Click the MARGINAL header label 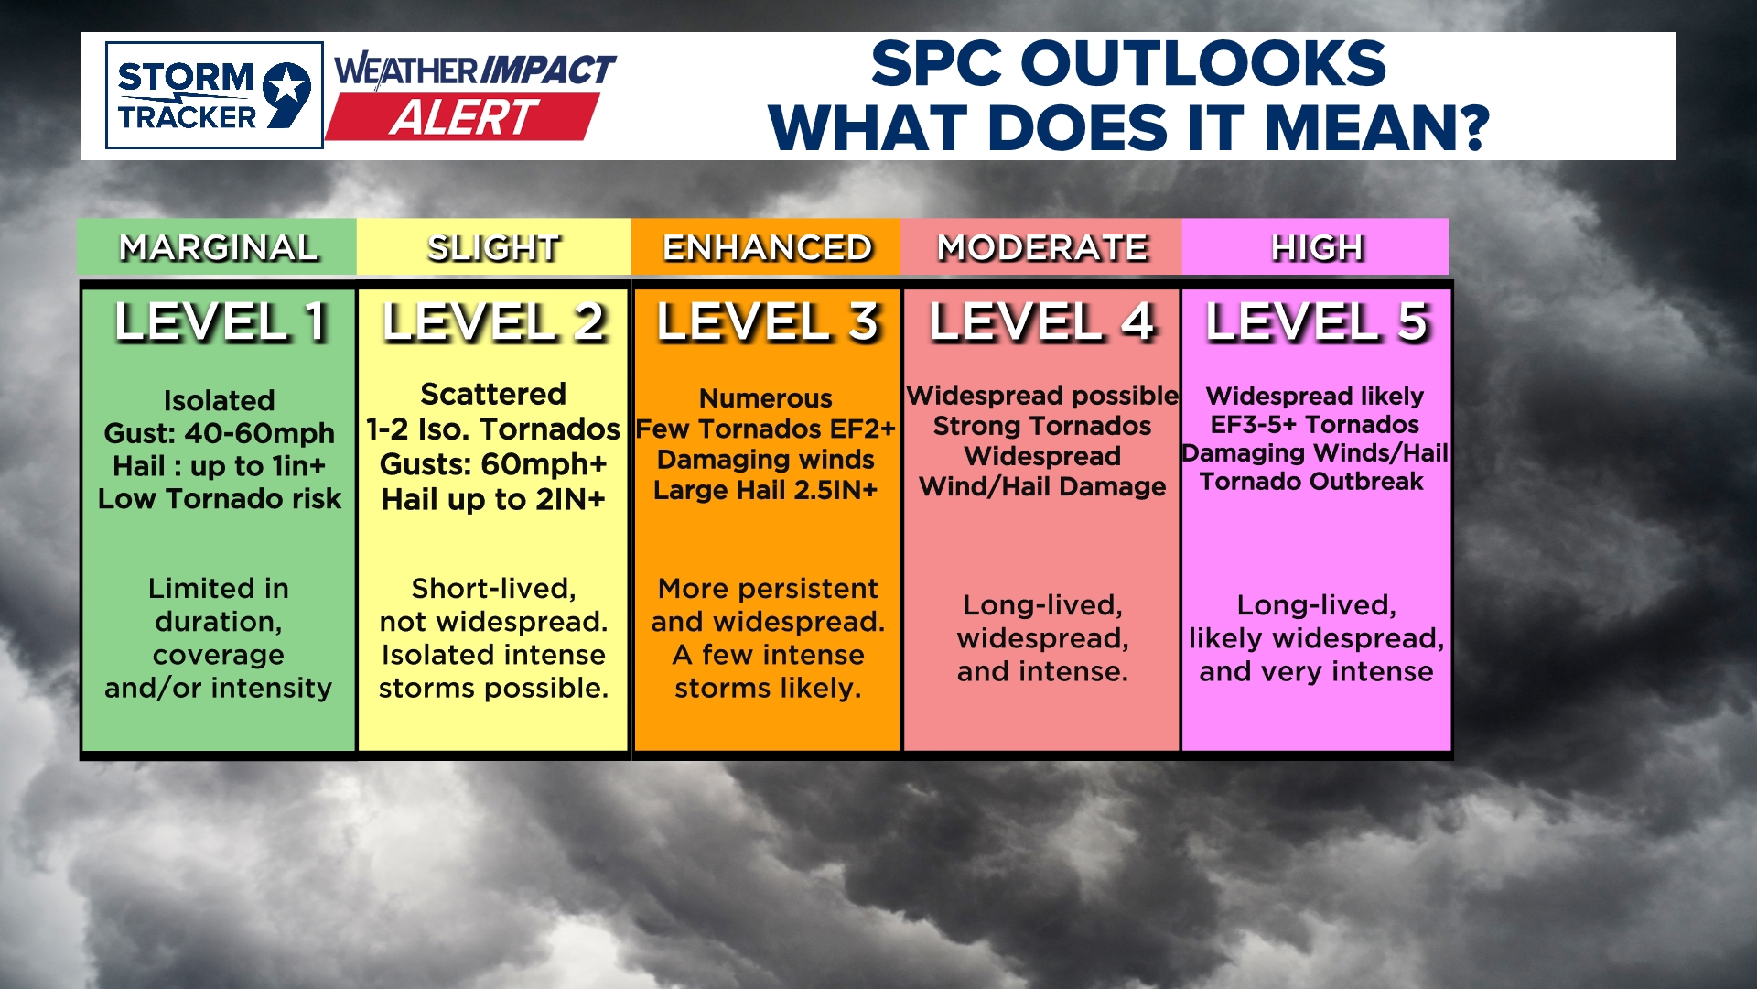pyautogui.click(x=218, y=247)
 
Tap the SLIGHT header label pyautogui.click(x=493, y=247)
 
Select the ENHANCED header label pyautogui.click(x=767, y=247)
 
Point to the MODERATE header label pyautogui.click(x=1041, y=247)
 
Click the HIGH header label pyautogui.click(x=1316, y=247)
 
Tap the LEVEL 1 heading pyautogui.click(x=220, y=322)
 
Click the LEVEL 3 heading pyautogui.click(x=767, y=322)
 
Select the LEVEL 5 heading pyautogui.click(x=1316, y=322)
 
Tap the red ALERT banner pyautogui.click(x=462, y=117)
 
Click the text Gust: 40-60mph pyautogui.click(x=219, y=433)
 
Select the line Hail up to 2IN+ pyautogui.click(x=493, y=500)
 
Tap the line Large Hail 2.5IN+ pyautogui.click(x=765, y=490)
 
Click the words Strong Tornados pyautogui.click(x=1041, y=426)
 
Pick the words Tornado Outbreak pyautogui.click(x=1311, y=482)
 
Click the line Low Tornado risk pyautogui.click(x=219, y=499)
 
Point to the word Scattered pyautogui.click(x=493, y=395)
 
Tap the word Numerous pyautogui.click(x=765, y=398)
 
